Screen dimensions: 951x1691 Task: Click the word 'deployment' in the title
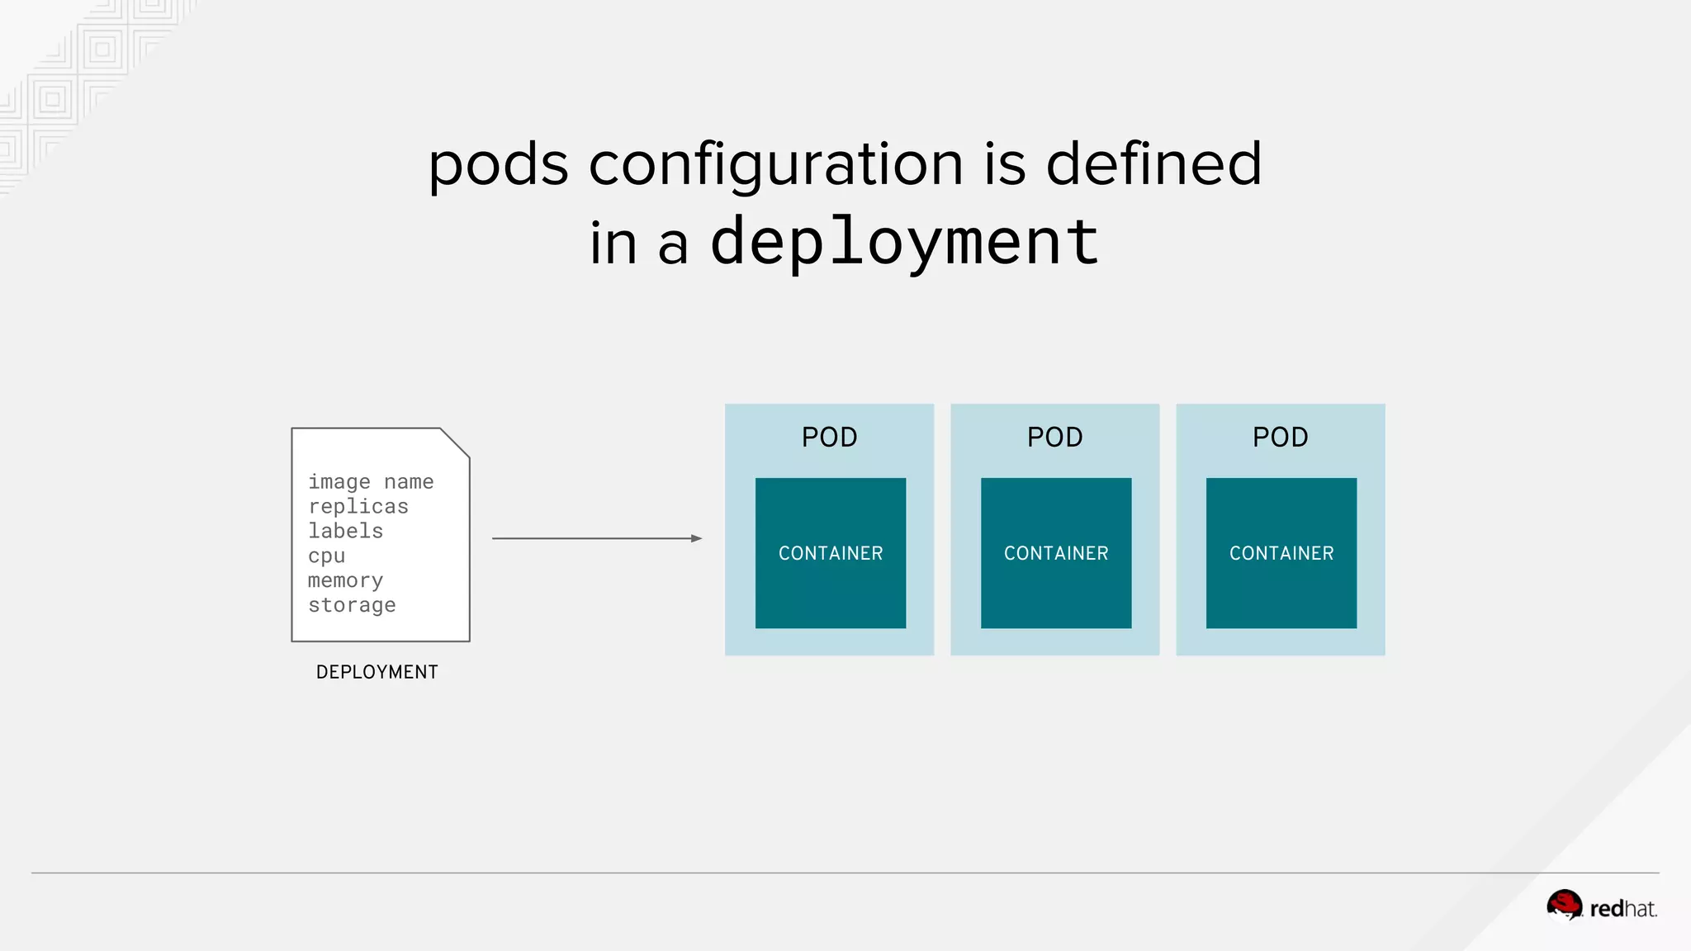click(x=904, y=242)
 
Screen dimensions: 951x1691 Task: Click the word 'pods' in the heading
click(x=498, y=164)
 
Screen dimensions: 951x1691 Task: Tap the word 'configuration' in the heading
click(x=775, y=164)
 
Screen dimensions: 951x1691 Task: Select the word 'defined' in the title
click(x=1153, y=163)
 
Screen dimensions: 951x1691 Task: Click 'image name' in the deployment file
click(x=371, y=481)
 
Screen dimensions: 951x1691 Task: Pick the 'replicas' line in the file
click(x=358, y=506)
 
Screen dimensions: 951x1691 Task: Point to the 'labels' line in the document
click(x=345, y=531)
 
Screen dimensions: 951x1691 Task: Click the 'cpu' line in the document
click(x=326, y=556)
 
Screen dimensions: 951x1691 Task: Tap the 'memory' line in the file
click(x=345, y=580)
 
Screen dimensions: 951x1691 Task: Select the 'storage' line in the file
click(x=352, y=605)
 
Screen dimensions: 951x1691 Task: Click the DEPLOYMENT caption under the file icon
click(x=377, y=672)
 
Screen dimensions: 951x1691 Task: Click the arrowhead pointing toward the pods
click(x=696, y=538)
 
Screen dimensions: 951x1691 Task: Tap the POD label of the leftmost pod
click(x=829, y=437)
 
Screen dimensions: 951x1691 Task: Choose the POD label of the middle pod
click(x=1054, y=437)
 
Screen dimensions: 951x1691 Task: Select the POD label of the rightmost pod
click(x=1280, y=437)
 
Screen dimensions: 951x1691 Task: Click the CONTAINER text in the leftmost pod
click(x=831, y=553)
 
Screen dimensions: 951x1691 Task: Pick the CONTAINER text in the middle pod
click(x=1056, y=553)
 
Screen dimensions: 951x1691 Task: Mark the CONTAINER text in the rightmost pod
click(x=1281, y=553)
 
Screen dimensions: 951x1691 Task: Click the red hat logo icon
click(x=1564, y=905)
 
